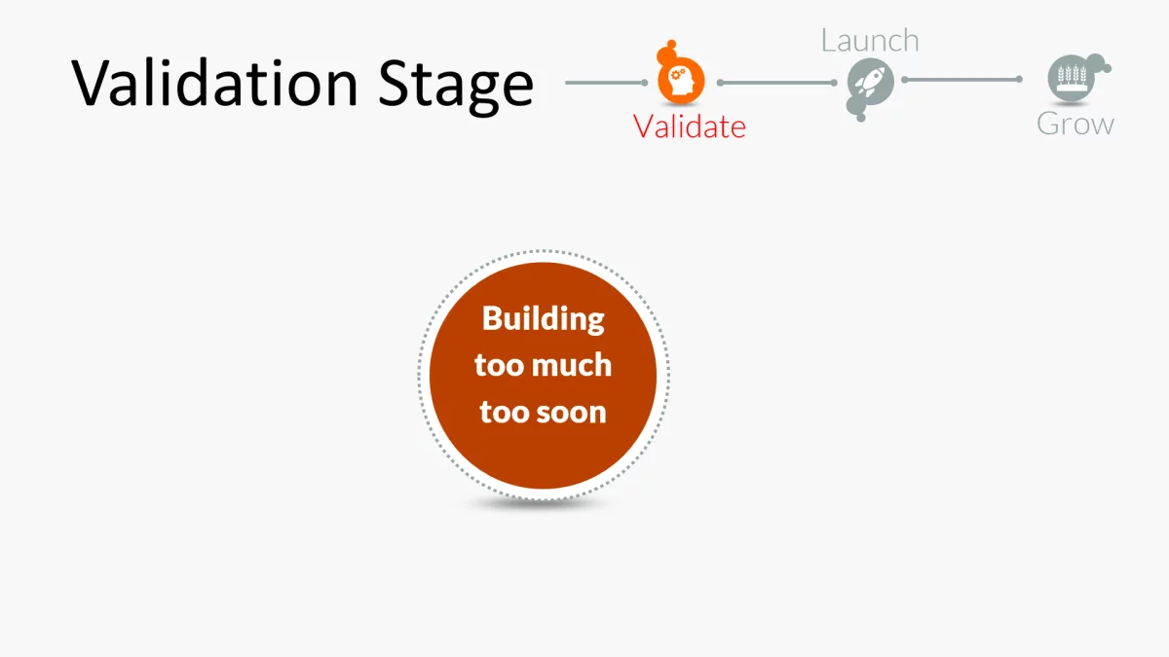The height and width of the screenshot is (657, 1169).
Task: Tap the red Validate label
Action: [x=689, y=126]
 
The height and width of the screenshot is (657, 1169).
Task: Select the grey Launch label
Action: [x=869, y=40]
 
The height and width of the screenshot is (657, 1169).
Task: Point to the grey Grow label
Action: [x=1075, y=124]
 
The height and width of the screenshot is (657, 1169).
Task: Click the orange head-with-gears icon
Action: [x=681, y=82]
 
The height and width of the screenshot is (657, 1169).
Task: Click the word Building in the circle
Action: [x=543, y=318]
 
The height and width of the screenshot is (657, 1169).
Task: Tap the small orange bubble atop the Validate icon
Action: [x=668, y=51]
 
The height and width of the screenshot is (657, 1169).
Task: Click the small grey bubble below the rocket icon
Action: [x=858, y=114]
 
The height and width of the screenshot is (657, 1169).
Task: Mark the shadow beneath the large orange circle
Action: [x=542, y=503]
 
